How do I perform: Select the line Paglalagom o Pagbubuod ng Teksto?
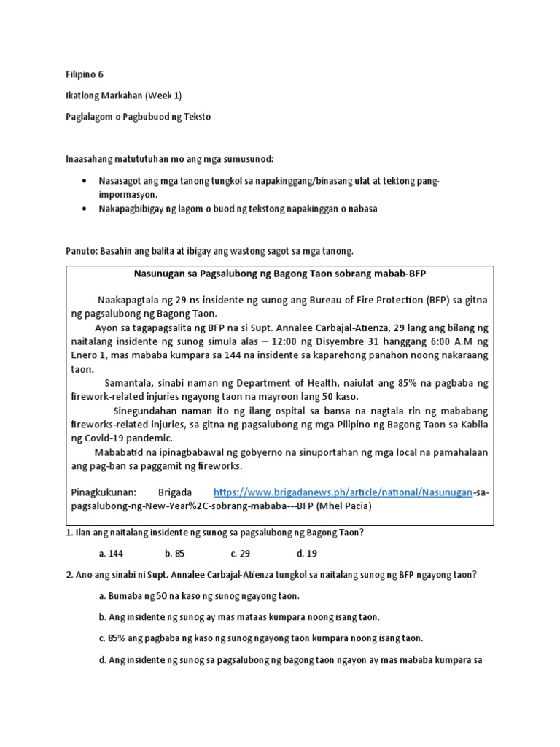coord(138,117)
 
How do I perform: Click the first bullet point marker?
coord(87,179)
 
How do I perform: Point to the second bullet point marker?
coord(87,209)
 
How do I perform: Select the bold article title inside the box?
coord(279,273)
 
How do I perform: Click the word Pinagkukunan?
coord(104,492)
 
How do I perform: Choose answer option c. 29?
coord(240,553)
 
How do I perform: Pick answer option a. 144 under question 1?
coord(111,553)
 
